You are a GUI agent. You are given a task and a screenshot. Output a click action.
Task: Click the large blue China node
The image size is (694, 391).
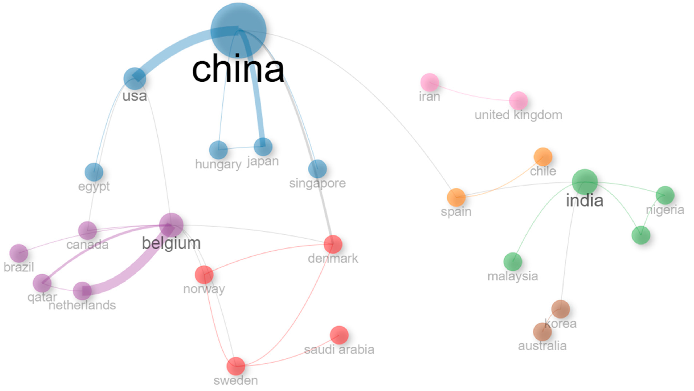pos(238,30)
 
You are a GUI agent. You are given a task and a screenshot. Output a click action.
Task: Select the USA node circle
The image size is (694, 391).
pos(135,78)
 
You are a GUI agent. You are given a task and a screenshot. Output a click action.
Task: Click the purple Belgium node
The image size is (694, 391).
pos(171,225)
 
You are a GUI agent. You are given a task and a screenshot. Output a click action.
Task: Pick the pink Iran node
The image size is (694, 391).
pos(430,82)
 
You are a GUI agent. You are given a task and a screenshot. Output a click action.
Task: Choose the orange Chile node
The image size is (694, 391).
pos(543,157)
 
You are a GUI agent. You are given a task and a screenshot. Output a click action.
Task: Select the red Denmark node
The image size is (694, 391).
pos(333,244)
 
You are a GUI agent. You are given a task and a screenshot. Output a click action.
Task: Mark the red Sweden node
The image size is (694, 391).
pos(236,366)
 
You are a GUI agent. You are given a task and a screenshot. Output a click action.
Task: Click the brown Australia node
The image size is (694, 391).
pos(542,332)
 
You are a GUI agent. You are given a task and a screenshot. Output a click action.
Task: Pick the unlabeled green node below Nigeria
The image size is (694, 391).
pos(641,235)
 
